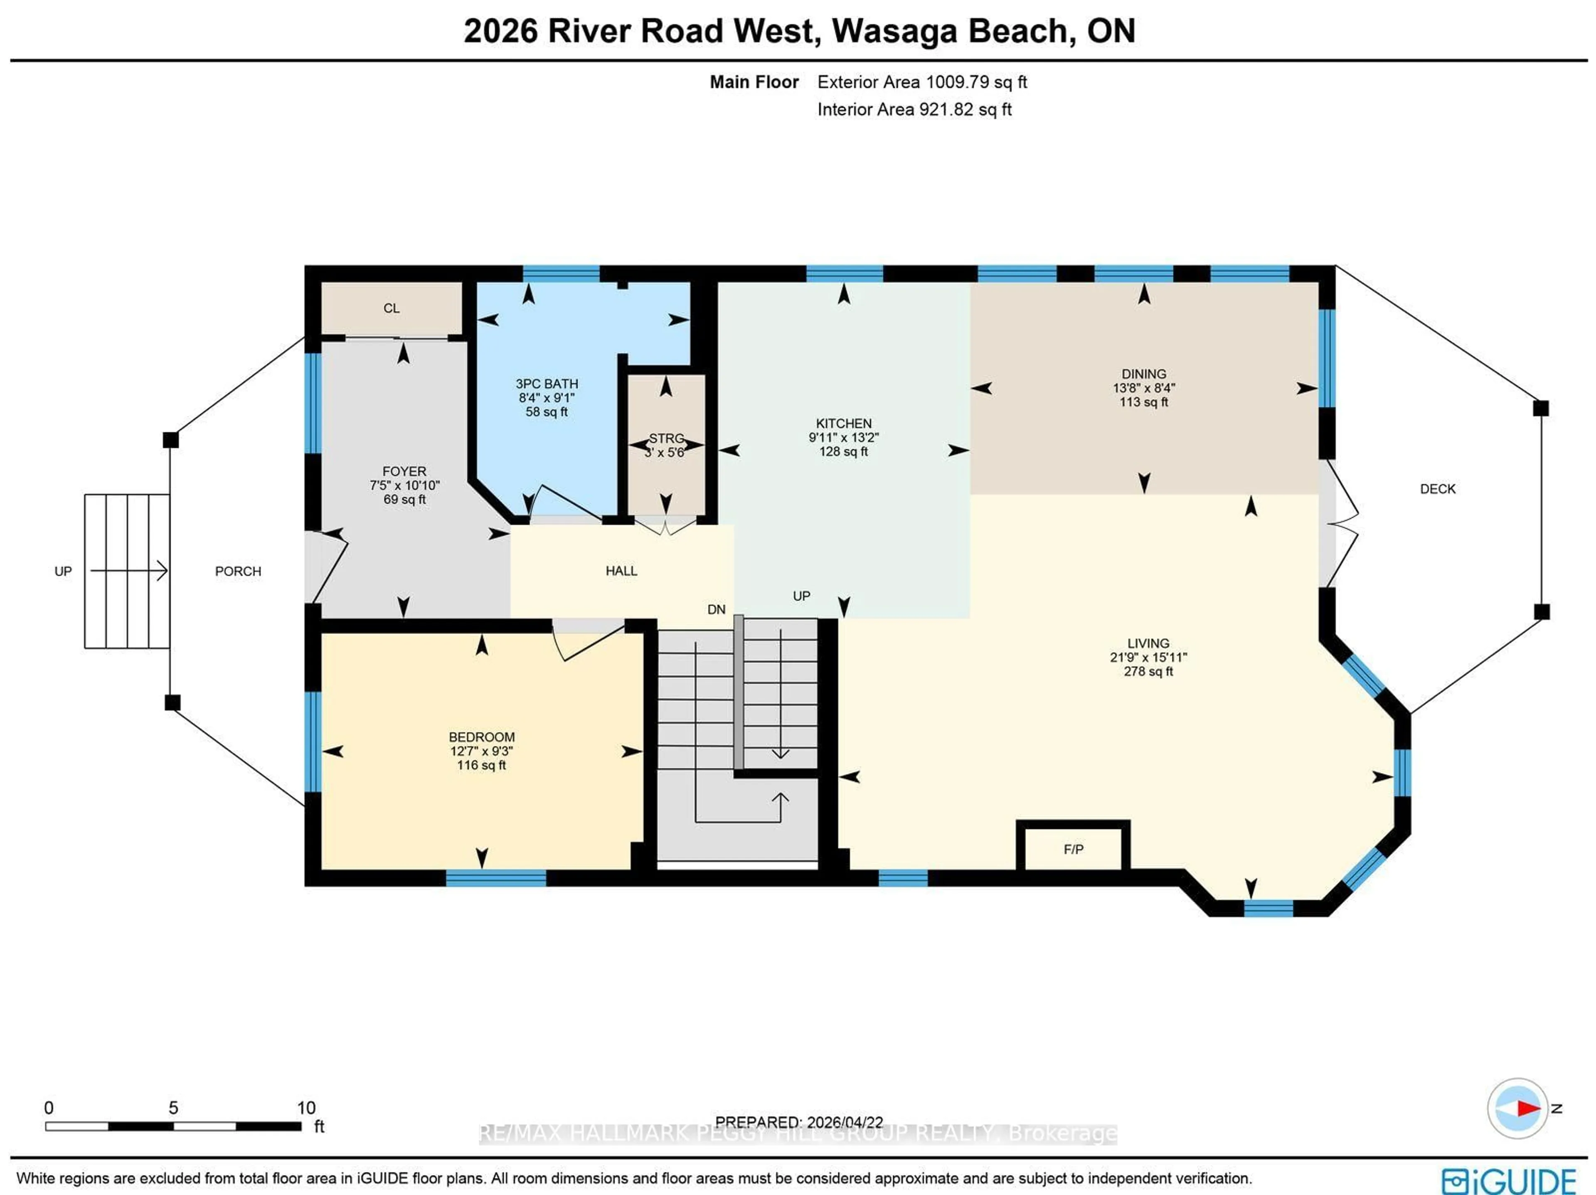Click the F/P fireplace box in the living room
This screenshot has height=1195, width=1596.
point(1073,849)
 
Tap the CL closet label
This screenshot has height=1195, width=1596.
point(391,308)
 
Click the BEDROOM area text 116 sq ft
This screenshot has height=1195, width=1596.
point(481,765)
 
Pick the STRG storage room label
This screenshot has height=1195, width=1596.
point(665,438)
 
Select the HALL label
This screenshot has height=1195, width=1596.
point(621,571)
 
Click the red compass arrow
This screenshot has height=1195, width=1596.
point(1527,1108)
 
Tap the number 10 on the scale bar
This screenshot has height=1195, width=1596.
point(306,1108)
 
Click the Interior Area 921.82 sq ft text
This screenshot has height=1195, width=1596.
point(914,110)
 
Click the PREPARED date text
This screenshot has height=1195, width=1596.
point(799,1122)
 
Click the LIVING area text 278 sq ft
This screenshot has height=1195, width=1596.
point(1148,671)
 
